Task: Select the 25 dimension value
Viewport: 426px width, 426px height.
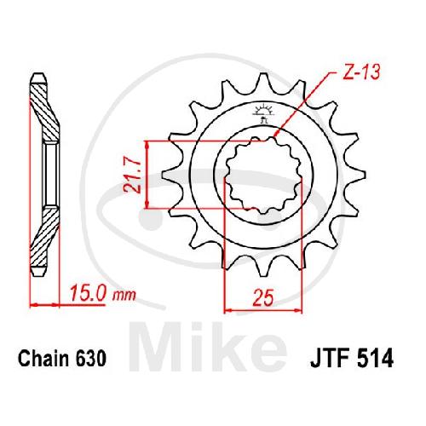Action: (x=263, y=297)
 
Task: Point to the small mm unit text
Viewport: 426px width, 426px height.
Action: (x=124, y=296)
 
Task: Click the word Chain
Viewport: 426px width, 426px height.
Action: (x=44, y=359)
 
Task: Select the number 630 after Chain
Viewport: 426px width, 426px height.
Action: (x=91, y=359)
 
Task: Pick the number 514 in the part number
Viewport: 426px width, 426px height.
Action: (x=377, y=359)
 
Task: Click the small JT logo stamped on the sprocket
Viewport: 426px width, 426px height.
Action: (x=263, y=113)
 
